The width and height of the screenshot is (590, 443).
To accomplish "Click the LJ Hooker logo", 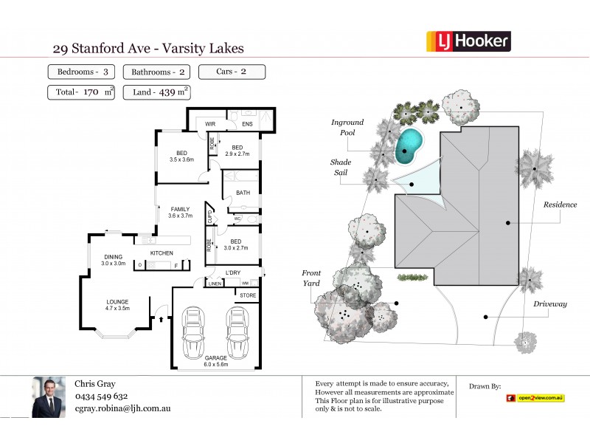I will [x=468, y=41].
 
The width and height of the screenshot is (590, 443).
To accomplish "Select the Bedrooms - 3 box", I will [x=81, y=72].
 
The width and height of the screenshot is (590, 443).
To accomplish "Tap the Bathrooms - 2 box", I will [x=157, y=72].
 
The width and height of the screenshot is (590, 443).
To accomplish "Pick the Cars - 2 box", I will [x=232, y=72].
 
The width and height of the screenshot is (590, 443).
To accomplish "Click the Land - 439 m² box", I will [x=157, y=92].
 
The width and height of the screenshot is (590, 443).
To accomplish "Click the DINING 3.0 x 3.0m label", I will [x=114, y=260].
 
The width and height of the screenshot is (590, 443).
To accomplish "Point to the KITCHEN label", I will [x=162, y=253].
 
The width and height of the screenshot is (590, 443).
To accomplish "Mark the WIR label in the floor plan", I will [x=210, y=125].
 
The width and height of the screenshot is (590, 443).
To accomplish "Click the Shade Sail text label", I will [x=341, y=168].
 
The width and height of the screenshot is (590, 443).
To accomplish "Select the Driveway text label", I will [x=551, y=303].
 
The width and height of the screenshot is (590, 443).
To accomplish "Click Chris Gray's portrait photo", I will [x=49, y=398].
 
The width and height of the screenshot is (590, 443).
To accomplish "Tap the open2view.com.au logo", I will [x=535, y=398].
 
